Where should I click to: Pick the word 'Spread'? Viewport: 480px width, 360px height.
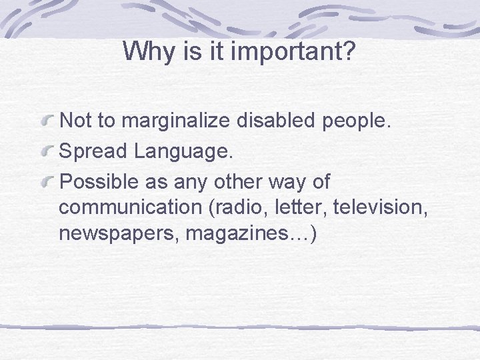[93, 152]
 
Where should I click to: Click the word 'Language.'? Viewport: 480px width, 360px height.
[183, 152]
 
